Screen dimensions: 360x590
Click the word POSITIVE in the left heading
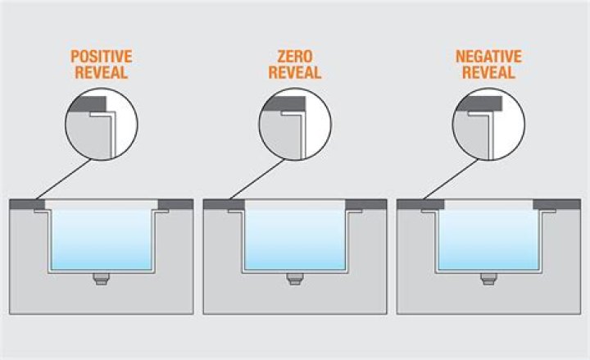coord(101,58)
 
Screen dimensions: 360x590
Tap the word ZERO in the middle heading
coord(294,58)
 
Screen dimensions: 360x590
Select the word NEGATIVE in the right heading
coord(489,58)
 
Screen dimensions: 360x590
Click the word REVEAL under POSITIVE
coord(101,74)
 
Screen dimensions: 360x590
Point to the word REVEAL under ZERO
coord(294,74)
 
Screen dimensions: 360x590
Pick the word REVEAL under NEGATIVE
coord(489,74)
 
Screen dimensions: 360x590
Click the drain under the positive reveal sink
coord(101,280)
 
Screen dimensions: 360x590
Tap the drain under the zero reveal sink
coord(294,280)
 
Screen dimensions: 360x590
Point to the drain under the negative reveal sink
coord(488,280)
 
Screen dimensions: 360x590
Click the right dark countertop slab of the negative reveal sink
coord(557,203)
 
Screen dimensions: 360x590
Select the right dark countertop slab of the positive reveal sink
coord(175,203)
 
